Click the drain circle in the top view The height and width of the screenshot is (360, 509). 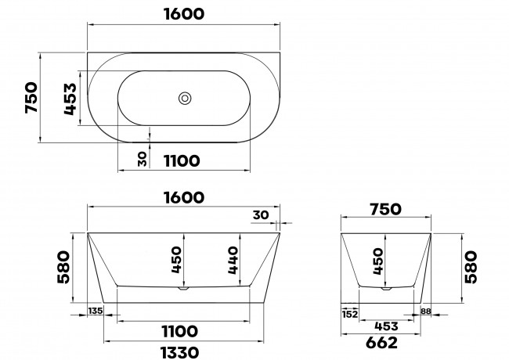[x=185, y=99]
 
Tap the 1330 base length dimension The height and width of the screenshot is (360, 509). [x=179, y=352]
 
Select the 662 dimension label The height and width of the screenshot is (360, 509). [x=381, y=343]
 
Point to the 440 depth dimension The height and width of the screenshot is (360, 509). [x=233, y=261]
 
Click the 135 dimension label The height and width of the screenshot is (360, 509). [x=96, y=311]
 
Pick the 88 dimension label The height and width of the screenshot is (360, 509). [x=425, y=311]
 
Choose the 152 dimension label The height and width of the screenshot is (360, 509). [x=349, y=314]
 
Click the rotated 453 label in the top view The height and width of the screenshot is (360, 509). [x=70, y=99]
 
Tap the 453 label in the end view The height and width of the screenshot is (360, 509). [x=386, y=326]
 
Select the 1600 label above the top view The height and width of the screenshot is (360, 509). [x=184, y=14]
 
